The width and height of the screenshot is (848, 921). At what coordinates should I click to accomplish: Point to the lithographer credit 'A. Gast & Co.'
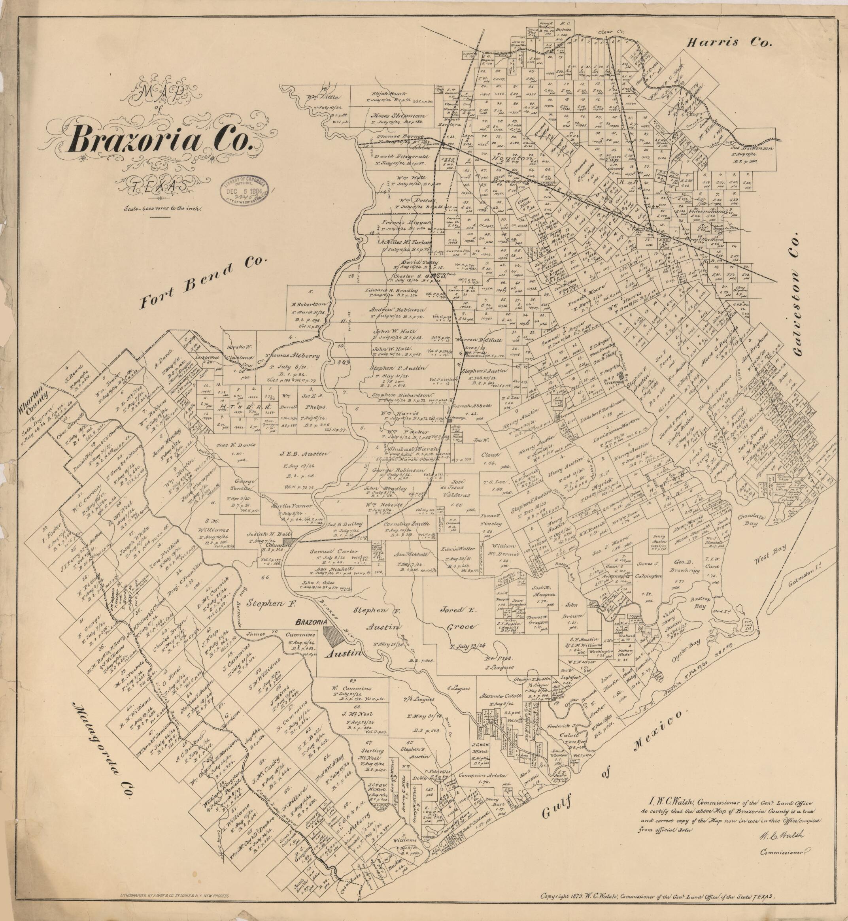(174, 896)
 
